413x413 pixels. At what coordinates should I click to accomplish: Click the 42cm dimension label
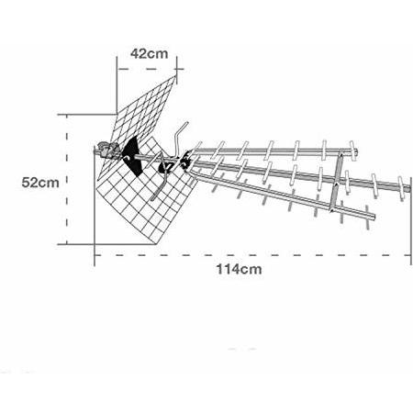(150, 54)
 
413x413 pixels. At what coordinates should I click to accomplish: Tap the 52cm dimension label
(40, 183)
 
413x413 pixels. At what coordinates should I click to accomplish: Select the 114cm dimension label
(239, 270)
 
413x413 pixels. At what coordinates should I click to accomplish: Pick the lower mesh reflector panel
(144, 195)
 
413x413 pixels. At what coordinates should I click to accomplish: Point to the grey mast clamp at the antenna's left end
(107, 150)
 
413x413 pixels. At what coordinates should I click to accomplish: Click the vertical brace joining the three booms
(336, 181)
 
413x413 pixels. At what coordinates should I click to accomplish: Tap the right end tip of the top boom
(357, 151)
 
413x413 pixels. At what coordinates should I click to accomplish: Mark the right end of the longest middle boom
(409, 189)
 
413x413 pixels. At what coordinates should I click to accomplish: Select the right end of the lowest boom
(374, 217)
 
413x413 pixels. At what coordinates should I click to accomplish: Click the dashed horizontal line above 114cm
(252, 255)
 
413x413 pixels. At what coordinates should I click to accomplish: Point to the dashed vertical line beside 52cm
(67, 180)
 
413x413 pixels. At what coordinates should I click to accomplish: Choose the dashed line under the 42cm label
(147, 69)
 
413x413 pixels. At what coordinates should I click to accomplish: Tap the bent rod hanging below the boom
(161, 184)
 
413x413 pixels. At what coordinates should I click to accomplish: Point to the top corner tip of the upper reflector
(175, 76)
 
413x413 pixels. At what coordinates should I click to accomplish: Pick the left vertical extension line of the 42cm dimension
(117, 85)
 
